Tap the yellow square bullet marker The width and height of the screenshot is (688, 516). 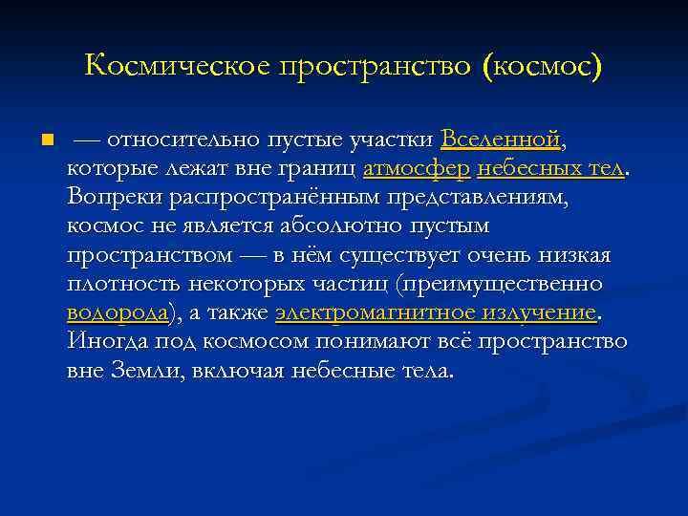46,141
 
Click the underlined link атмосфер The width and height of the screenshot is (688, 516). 416,169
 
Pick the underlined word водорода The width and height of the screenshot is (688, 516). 118,313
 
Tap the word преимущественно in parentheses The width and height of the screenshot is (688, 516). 503,285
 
